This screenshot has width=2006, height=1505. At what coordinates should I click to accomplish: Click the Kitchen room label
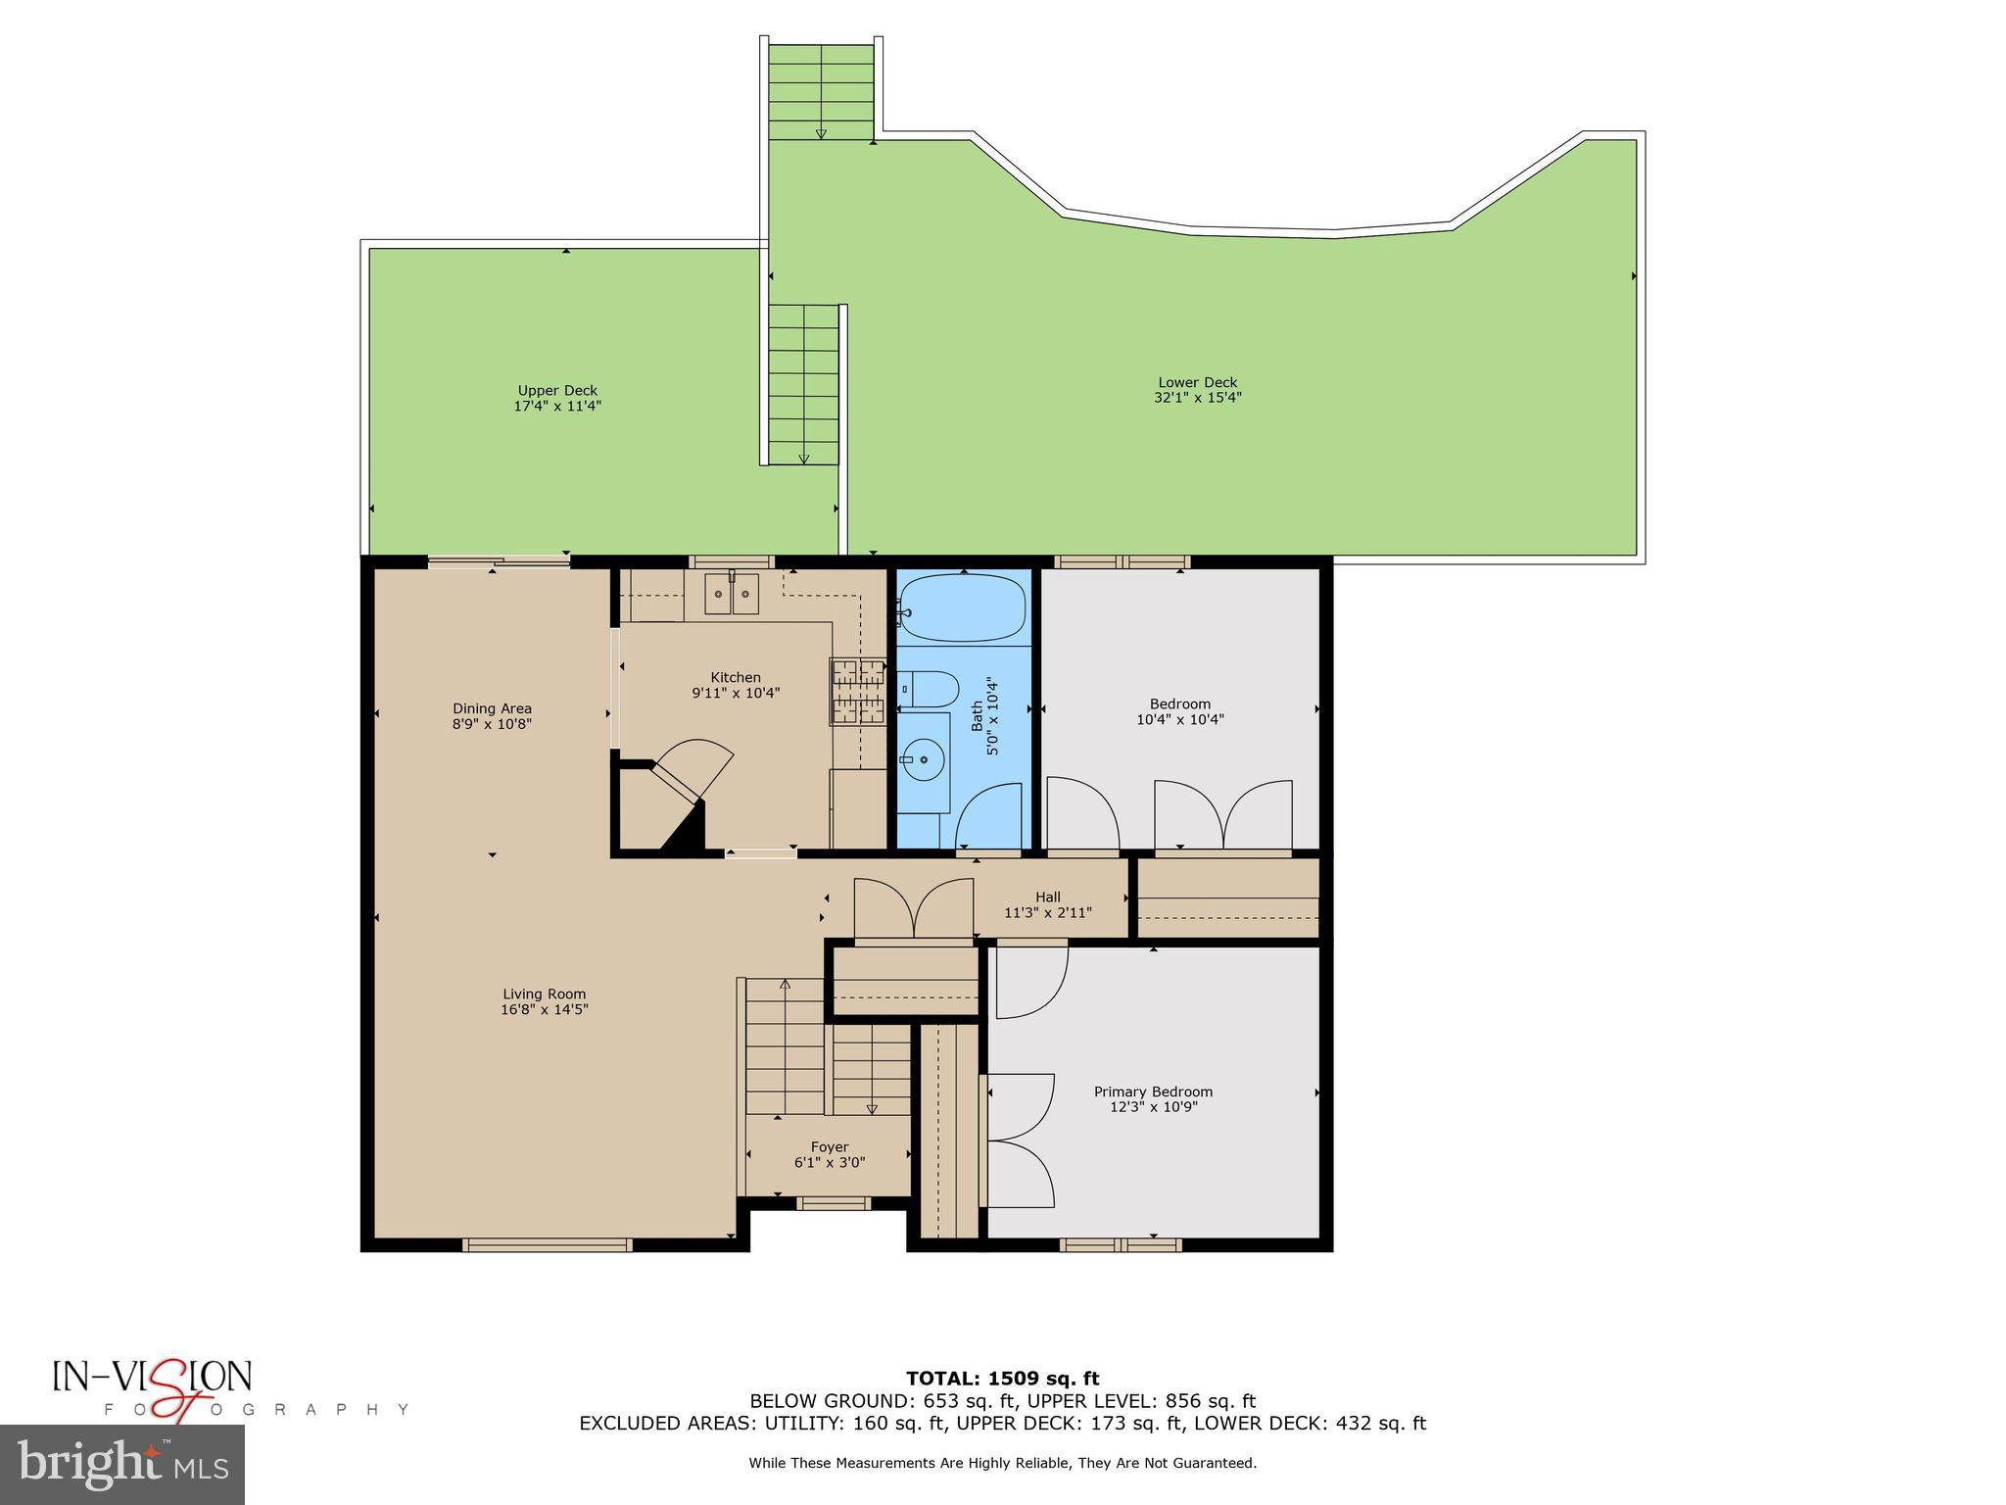click(736, 677)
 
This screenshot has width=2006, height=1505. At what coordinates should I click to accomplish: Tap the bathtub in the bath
click(963, 607)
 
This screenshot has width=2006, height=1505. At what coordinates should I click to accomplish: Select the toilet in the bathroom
click(929, 689)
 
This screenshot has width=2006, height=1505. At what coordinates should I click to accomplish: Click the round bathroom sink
click(923, 759)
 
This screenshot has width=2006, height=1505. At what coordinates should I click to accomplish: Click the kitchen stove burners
click(858, 691)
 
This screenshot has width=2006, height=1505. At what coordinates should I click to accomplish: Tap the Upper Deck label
click(557, 390)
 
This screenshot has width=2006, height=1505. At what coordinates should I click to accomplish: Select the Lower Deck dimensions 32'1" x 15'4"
click(1197, 398)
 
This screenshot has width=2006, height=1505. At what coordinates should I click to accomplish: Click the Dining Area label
click(492, 708)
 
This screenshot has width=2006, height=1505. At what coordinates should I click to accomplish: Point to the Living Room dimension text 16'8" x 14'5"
click(544, 1009)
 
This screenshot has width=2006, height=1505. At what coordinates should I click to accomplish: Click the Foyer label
click(830, 1146)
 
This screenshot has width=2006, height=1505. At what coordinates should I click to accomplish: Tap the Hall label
click(1048, 897)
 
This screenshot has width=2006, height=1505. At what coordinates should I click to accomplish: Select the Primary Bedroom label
click(1153, 1092)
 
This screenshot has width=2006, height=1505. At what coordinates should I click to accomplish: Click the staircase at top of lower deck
click(821, 91)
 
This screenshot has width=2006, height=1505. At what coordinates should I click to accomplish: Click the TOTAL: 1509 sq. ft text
click(1002, 1379)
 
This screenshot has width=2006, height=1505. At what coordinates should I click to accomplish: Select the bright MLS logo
click(122, 1464)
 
